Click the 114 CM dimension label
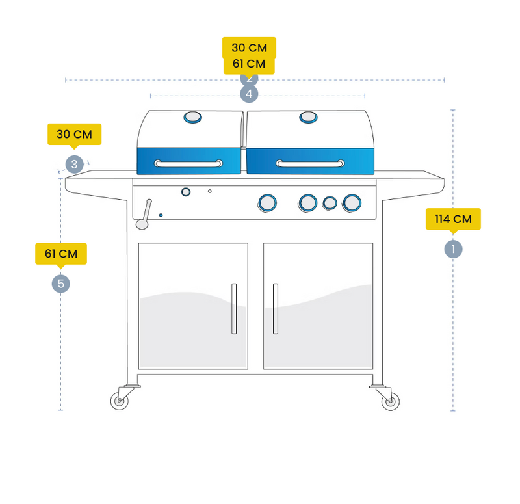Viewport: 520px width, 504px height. tap(453, 219)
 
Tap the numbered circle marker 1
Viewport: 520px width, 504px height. tap(453, 249)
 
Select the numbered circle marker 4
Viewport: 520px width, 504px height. tap(249, 94)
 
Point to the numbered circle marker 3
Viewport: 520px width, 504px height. tap(74, 165)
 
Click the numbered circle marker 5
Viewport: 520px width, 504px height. tap(60, 284)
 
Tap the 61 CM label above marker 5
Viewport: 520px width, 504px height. tap(60, 254)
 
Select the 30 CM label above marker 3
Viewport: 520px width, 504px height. tap(74, 135)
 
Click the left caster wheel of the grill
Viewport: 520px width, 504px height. tap(119, 401)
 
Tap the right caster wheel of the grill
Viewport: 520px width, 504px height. tap(390, 401)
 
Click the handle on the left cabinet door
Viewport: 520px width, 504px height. tap(234, 309)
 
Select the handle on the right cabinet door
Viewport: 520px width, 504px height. tap(276, 309)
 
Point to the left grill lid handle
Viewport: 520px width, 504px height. tap(188, 164)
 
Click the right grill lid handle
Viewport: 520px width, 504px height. tap(310, 163)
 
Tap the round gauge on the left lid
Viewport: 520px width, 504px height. tap(192, 117)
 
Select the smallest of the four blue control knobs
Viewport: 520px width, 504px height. tap(330, 203)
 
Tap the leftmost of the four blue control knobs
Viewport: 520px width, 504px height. tap(266, 203)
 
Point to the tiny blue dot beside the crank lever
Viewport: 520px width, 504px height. tap(161, 215)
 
